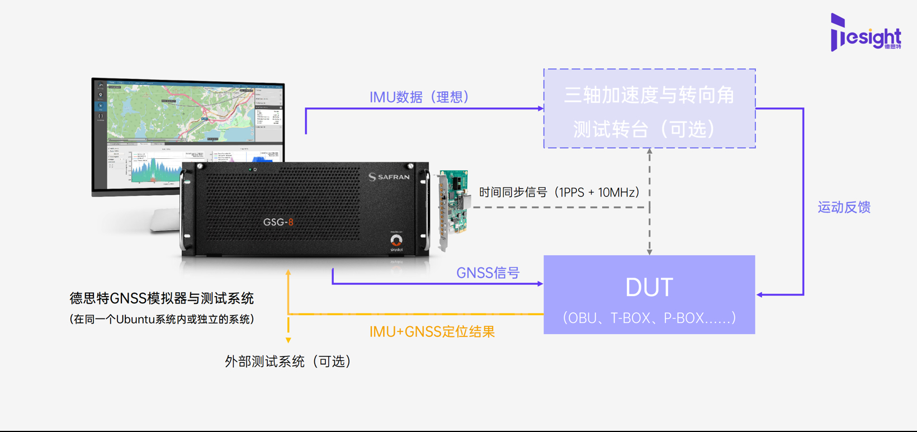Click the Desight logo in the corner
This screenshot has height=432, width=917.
[865, 33]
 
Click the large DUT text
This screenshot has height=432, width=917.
[649, 288]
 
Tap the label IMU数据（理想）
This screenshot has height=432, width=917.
[419, 97]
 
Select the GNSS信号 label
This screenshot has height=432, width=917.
[488, 273]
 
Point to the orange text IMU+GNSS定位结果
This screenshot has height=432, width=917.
[432, 332]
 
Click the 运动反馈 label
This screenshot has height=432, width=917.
[843, 208]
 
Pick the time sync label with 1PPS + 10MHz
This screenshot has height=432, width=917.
[559, 192]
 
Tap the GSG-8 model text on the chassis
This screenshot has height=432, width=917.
[278, 222]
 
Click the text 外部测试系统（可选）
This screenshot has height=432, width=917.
[288, 361]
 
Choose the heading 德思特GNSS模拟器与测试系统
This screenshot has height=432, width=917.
[162, 298]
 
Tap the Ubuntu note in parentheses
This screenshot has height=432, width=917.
[162, 320]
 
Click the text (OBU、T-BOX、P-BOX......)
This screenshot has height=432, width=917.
[649, 318]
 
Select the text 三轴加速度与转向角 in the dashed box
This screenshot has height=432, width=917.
[649, 96]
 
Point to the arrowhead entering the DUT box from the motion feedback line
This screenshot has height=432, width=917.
[760, 294]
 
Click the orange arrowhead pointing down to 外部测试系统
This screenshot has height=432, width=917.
[288, 340]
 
